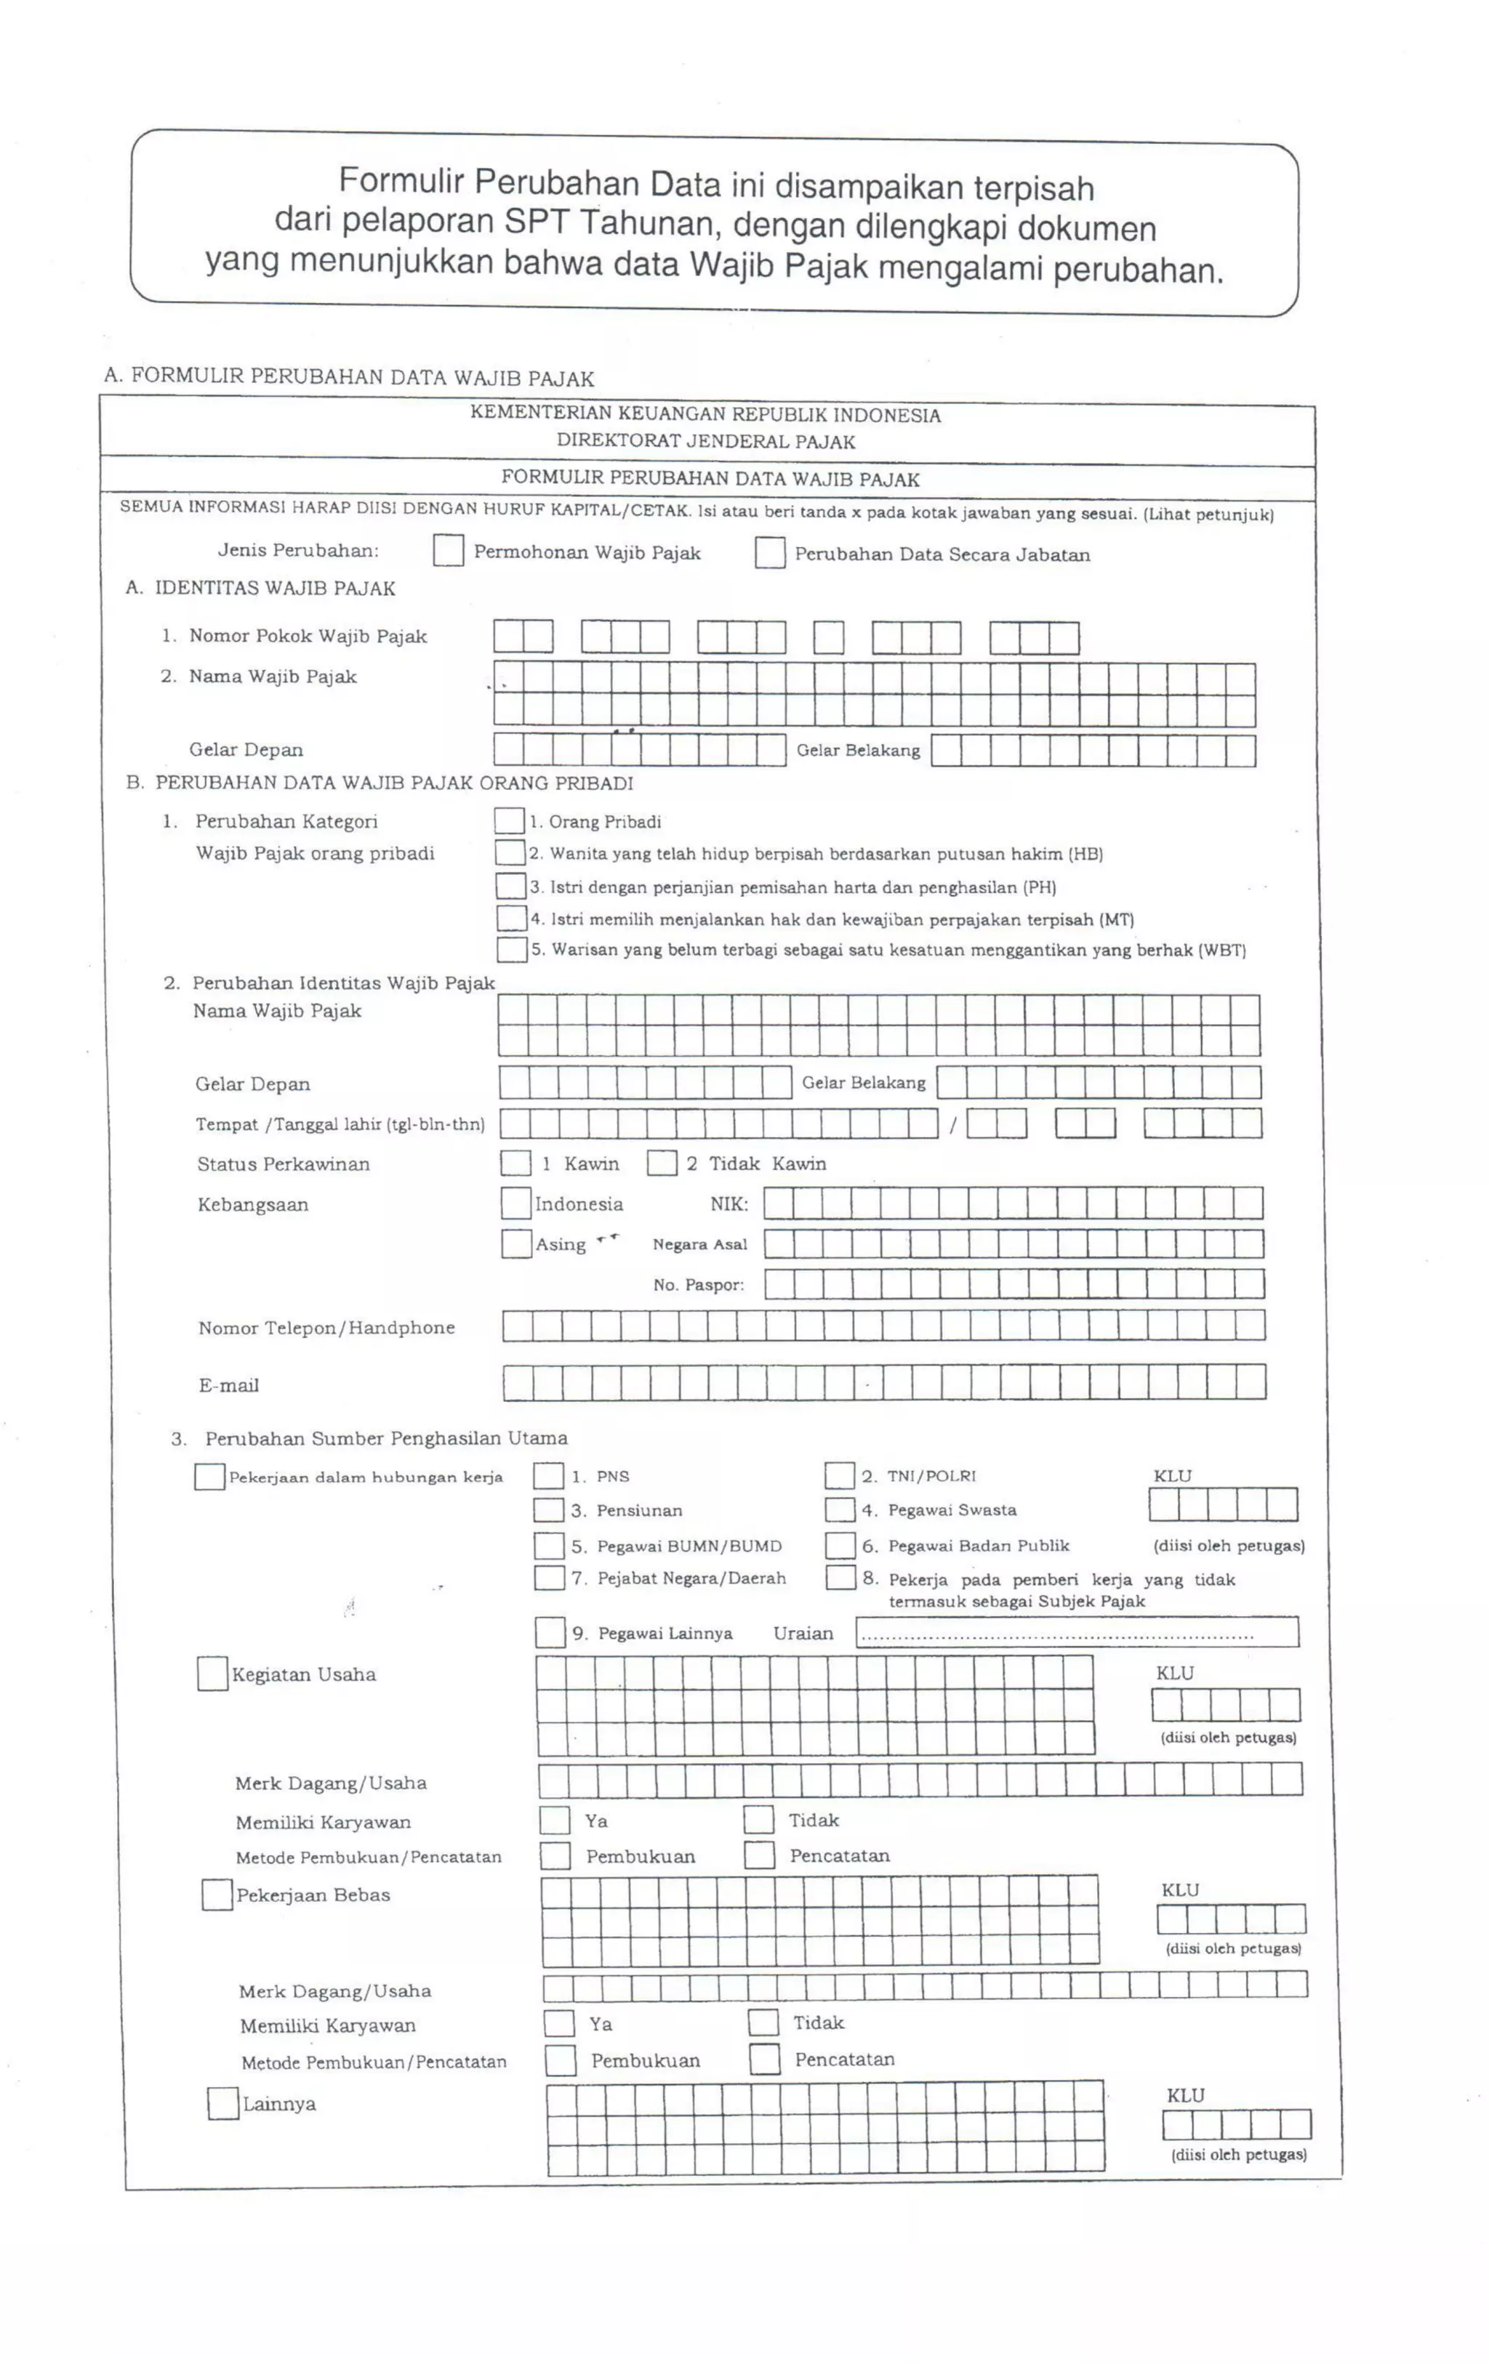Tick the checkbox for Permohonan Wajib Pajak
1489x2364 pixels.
(448, 551)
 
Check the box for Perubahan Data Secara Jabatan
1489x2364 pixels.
(769, 553)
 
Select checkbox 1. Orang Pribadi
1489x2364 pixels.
(509, 820)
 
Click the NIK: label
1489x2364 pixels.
(729, 1203)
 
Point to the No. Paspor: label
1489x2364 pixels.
(699, 1285)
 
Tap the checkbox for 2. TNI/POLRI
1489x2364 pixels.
(839, 1475)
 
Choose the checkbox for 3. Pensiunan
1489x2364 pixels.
(548, 1510)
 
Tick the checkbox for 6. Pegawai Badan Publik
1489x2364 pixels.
(840, 1545)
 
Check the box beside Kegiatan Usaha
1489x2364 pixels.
(212, 1674)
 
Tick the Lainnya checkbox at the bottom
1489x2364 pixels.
(223, 2104)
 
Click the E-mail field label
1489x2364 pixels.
(229, 1385)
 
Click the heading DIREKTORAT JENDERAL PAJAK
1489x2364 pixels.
(705, 442)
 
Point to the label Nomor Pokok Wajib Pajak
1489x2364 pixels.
(308, 636)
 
